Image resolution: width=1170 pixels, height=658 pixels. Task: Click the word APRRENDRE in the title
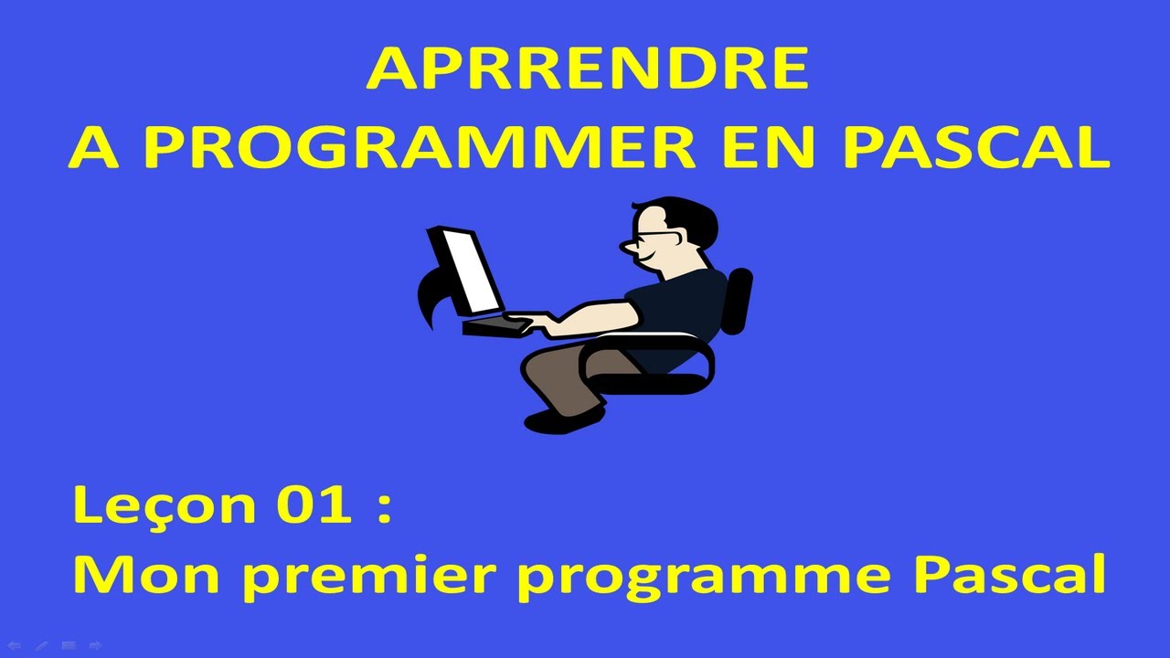(x=586, y=70)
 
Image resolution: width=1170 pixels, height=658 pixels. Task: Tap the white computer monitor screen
(x=466, y=270)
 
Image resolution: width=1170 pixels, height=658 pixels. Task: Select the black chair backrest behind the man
(x=737, y=302)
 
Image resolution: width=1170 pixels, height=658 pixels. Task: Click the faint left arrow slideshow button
(x=15, y=646)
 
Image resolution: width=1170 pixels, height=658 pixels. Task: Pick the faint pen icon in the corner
(x=41, y=646)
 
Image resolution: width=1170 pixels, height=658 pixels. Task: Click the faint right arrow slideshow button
(x=95, y=646)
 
